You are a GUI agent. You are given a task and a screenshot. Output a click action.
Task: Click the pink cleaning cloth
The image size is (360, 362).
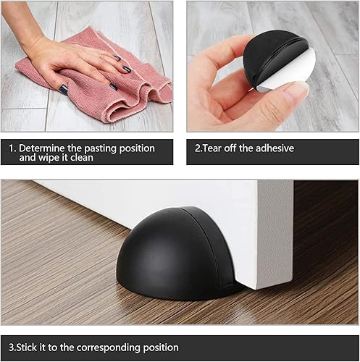click(101, 80)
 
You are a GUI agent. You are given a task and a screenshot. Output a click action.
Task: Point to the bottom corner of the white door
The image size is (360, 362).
click(256, 289)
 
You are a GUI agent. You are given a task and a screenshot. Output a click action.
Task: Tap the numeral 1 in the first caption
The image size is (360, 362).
click(11, 148)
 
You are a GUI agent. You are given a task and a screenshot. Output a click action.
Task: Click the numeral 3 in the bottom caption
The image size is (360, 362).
click(11, 348)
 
